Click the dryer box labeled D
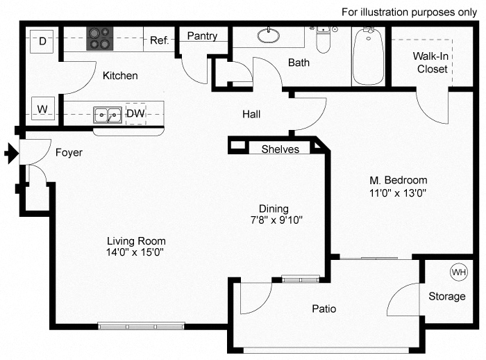tap(42, 42)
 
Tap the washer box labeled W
tap(42, 109)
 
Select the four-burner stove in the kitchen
tap(99, 39)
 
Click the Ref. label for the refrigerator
tap(159, 40)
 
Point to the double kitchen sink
tap(108, 113)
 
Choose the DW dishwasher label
tap(136, 113)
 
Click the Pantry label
tap(202, 36)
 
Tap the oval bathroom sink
tap(268, 35)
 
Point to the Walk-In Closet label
tap(430, 62)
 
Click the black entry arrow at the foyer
tap(10, 153)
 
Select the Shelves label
tap(280, 149)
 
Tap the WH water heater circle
tap(458, 272)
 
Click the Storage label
tap(446, 297)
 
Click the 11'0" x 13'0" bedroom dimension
tap(397, 193)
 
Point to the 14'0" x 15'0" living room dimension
tap(132, 252)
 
